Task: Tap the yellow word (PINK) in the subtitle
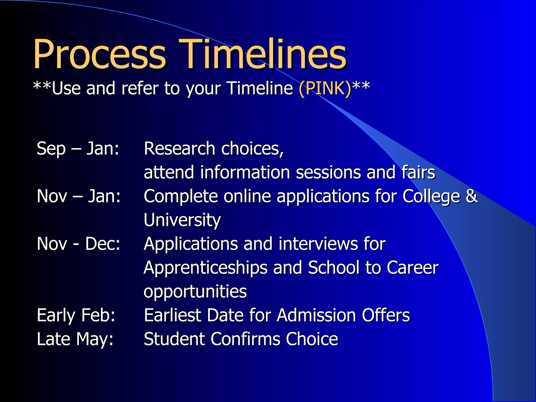pyautogui.click(x=325, y=88)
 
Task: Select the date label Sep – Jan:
pyautogui.click(x=78, y=149)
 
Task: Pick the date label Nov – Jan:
pyautogui.click(x=79, y=196)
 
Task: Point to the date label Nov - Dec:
pyautogui.click(x=79, y=244)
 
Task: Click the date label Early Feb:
pyautogui.click(x=76, y=315)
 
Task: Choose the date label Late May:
pyautogui.click(x=75, y=339)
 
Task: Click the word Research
pyautogui.click(x=180, y=149)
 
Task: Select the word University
pyautogui.click(x=182, y=220)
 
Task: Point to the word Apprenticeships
pyautogui.click(x=205, y=268)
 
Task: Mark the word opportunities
pyautogui.click(x=195, y=292)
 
